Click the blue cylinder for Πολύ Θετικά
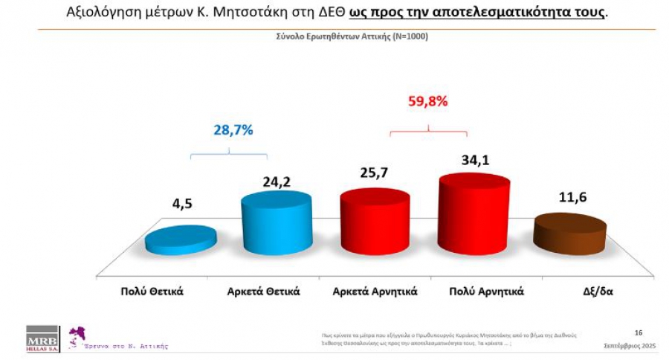[x=181, y=240]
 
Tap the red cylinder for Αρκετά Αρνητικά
[x=375, y=220]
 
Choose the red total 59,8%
[x=428, y=102]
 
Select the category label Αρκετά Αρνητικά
[x=375, y=291]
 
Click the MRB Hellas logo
[x=42, y=337]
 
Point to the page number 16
[x=639, y=332]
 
